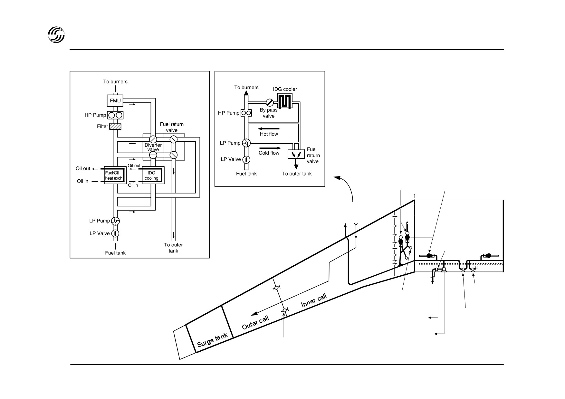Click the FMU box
[x=115, y=101]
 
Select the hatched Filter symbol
[x=115, y=127]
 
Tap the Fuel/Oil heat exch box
[x=114, y=176]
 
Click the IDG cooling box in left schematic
[x=151, y=176]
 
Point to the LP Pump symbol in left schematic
[x=115, y=221]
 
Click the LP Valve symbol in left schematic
[x=115, y=233]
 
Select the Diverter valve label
[x=153, y=147]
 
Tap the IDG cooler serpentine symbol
[x=285, y=101]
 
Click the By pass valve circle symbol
[x=270, y=103]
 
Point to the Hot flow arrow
[x=268, y=129]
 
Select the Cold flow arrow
[x=270, y=148]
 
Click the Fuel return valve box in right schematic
[x=296, y=154]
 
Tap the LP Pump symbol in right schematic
[x=246, y=143]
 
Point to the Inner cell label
[x=314, y=300]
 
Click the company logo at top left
[x=56, y=34]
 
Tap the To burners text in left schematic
[x=115, y=81]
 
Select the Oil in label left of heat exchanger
[x=82, y=181]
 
